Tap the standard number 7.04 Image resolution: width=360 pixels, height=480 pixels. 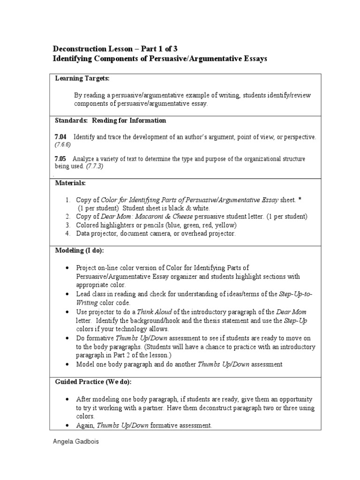click(x=61, y=137)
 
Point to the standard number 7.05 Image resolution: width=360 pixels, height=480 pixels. click(x=61, y=158)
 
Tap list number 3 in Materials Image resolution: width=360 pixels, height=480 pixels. click(x=67, y=225)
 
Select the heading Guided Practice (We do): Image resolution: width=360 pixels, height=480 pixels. click(x=93, y=382)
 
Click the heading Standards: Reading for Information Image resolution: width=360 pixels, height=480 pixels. click(x=111, y=120)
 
